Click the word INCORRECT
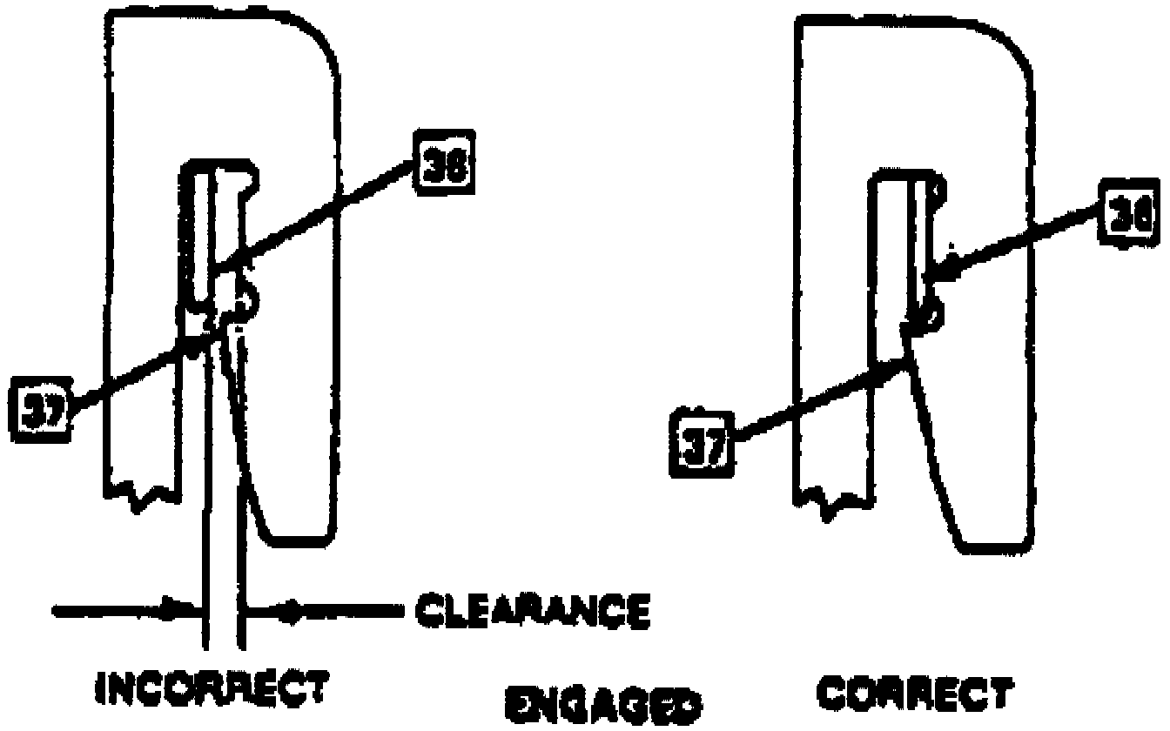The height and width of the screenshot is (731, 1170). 213,687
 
